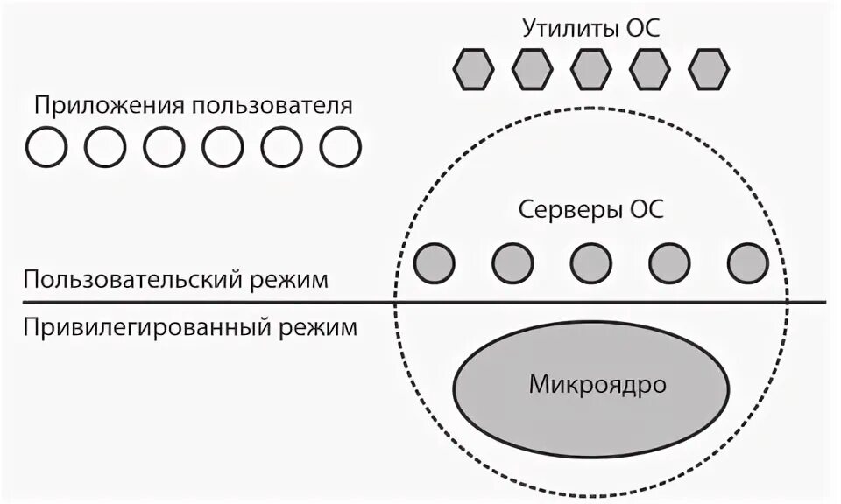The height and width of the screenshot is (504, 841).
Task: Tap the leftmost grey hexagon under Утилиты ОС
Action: [x=473, y=67]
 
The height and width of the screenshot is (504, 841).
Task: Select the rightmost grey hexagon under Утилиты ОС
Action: [x=709, y=67]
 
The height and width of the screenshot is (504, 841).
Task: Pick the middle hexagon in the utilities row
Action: [x=591, y=67]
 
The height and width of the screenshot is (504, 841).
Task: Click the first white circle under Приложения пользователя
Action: [x=46, y=146]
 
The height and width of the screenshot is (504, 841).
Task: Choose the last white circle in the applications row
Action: [x=340, y=146]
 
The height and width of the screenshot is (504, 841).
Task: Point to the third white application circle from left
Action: [x=164, y=146]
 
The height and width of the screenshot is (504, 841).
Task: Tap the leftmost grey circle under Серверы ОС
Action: [x=434, y=262]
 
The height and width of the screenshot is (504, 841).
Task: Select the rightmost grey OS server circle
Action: [x=747, y=262]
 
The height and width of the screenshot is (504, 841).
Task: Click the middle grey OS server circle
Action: [x=591, y=262]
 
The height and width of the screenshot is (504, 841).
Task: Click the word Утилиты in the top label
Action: [x=569, y=28]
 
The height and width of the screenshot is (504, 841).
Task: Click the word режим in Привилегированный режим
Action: [x=319, y=328]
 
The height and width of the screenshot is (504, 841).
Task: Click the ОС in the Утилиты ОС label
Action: [x=642, y=28]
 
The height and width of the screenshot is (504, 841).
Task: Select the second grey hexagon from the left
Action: [x=532, y=67]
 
